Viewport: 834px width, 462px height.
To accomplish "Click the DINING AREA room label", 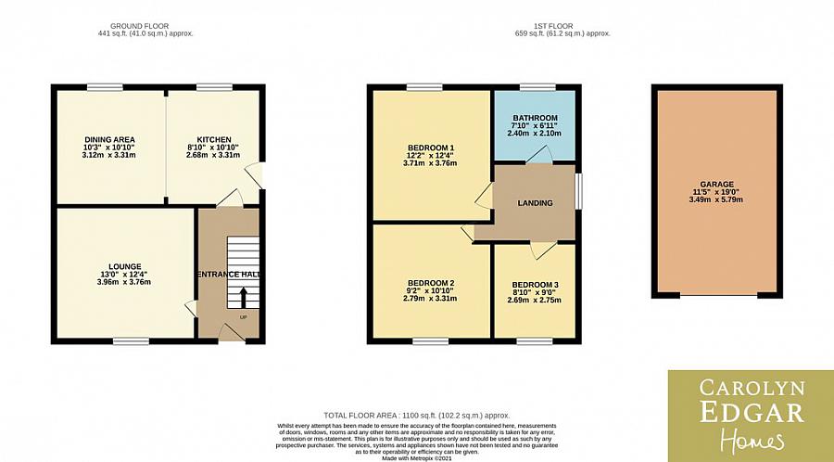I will pos(110,140).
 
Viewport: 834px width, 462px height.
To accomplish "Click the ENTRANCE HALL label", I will pos(228,275).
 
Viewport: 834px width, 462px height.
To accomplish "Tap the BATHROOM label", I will pos(535,118).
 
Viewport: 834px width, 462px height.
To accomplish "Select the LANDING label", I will pos(536,203).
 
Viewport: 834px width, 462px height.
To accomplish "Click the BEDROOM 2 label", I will pos(431,283).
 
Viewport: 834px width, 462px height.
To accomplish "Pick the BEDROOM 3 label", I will pos(535,284).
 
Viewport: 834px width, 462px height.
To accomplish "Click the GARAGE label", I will pos(714,185).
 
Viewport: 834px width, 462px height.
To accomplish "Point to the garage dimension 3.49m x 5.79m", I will pos(714,199).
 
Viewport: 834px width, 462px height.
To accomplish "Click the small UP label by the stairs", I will pos(244,317).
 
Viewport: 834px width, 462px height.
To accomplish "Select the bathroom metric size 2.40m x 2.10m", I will pos(535,133).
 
